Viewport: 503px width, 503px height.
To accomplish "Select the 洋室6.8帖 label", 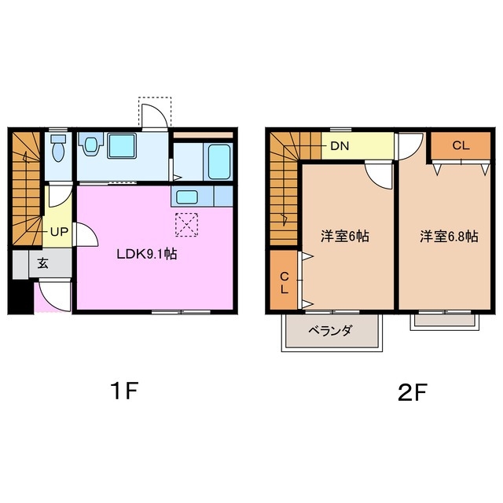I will [448, 236].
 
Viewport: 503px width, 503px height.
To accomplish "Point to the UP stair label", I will [59, 232].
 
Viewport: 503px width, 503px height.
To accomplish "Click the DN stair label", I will [340, 145].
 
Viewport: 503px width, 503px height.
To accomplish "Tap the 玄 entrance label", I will [42, 264].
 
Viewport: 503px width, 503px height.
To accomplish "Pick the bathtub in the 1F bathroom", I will [219, 162].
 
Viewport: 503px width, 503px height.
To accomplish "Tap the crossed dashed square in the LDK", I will [186, 224].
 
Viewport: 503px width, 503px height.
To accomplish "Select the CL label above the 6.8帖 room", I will [461, 145].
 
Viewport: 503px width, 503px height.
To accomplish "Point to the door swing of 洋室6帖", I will [378, 174].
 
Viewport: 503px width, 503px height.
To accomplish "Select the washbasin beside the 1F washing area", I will [92, 145].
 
